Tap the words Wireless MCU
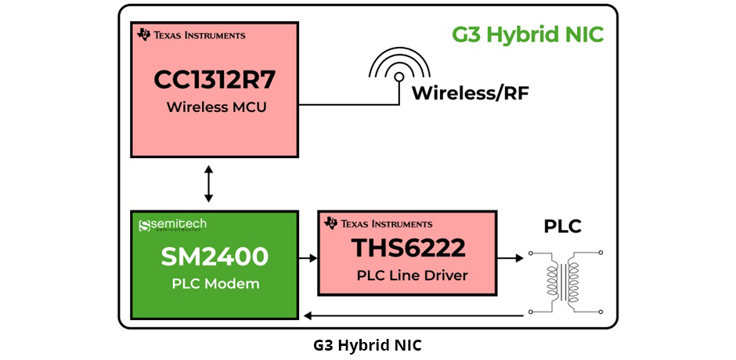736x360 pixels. click(x=215, y=106)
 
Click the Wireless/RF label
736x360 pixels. click(x=470, y=94)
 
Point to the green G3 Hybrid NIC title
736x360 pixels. click(x=528, y=36)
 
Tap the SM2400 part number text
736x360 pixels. click(x=215, y=257)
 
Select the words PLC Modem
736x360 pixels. click(x=215, y=283)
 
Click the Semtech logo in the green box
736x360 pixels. click(x=172, y=225)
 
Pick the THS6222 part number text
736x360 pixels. click(x=407, y=249)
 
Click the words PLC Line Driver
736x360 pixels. click(x=407, y=275)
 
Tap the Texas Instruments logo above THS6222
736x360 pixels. click(x=378, y=223)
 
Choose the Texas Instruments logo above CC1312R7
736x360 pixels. click(x=191, y=35)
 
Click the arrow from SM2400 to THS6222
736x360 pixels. click(x=308, y=257)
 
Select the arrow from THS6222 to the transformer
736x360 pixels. click(x=511, y=257)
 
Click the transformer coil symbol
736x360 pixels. click(x=565, y=282)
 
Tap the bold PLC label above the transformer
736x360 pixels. click(x=563, y=227)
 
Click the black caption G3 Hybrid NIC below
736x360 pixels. click(x=367, y=344)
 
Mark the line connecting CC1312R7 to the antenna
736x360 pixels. click(x=345, y=104)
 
